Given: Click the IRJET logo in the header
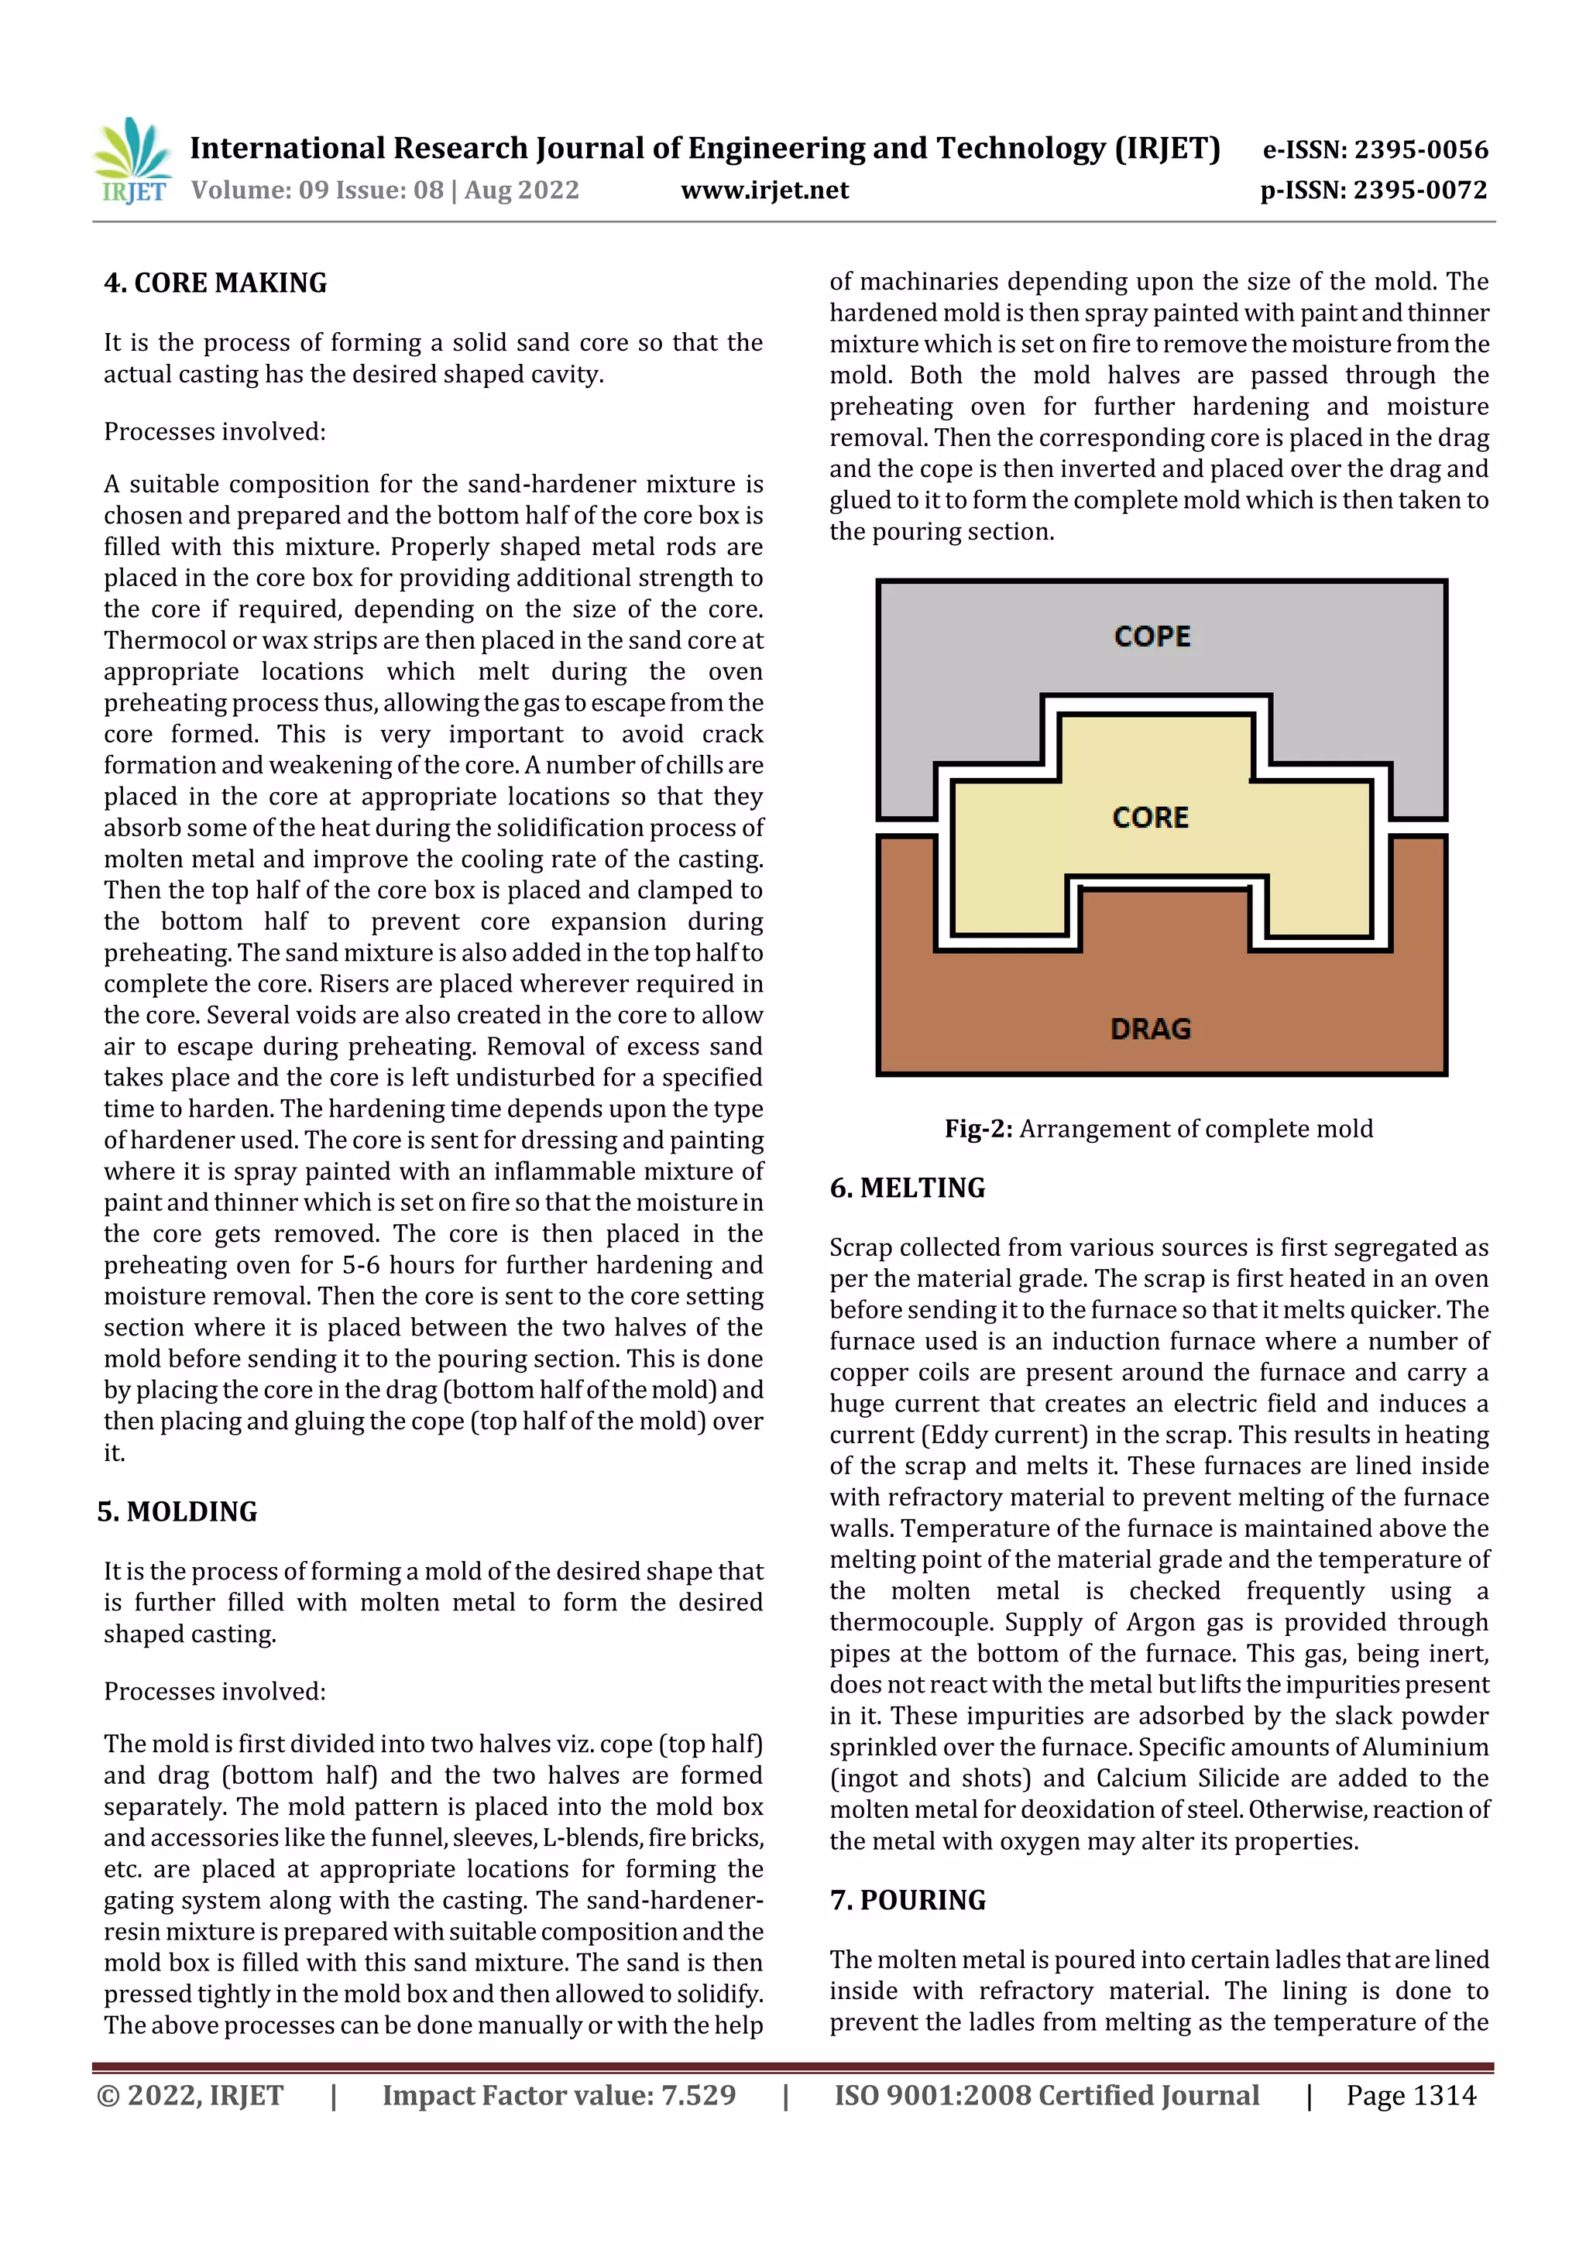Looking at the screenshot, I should tap(132, 161).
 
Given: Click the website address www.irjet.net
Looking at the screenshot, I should tap(764, 190).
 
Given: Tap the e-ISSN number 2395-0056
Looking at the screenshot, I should tap(1420, 150).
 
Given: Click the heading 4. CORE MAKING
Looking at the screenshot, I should tap(215, 283).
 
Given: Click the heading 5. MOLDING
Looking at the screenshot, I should tap(177, 1512).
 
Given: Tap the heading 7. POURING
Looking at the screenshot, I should tap(908, 1900).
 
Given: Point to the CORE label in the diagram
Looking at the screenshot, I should tap(1150, 818).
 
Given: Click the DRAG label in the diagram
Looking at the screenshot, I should tap(1150, 1029).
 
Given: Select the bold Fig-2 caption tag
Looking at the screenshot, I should tap(977, 1130).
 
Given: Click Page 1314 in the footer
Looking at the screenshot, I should tap(1410, 2095).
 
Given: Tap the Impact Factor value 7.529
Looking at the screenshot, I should tap(698, 2095).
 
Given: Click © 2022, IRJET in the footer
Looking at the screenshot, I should tap(190, 2095).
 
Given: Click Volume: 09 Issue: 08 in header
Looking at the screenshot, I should tap(318, 190).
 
